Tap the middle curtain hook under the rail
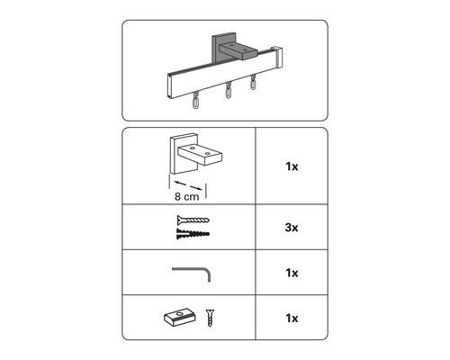coord(229,92)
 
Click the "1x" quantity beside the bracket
coord(292,167)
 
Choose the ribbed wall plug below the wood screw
coord(189,234)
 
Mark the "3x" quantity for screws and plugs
coord(292,229)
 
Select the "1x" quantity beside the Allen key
coord(292,272)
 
